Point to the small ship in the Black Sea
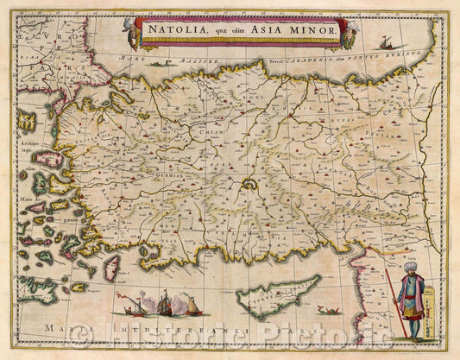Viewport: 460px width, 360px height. (381, 41)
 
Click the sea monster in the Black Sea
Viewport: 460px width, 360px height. (157, 63)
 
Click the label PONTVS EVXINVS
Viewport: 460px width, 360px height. (398, 53)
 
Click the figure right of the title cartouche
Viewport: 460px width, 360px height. (350, 33)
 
